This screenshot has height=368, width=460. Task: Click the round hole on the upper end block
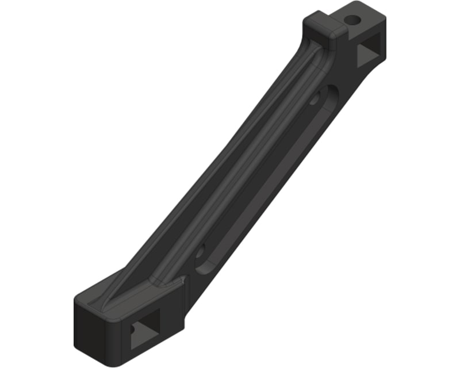[352, 21]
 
